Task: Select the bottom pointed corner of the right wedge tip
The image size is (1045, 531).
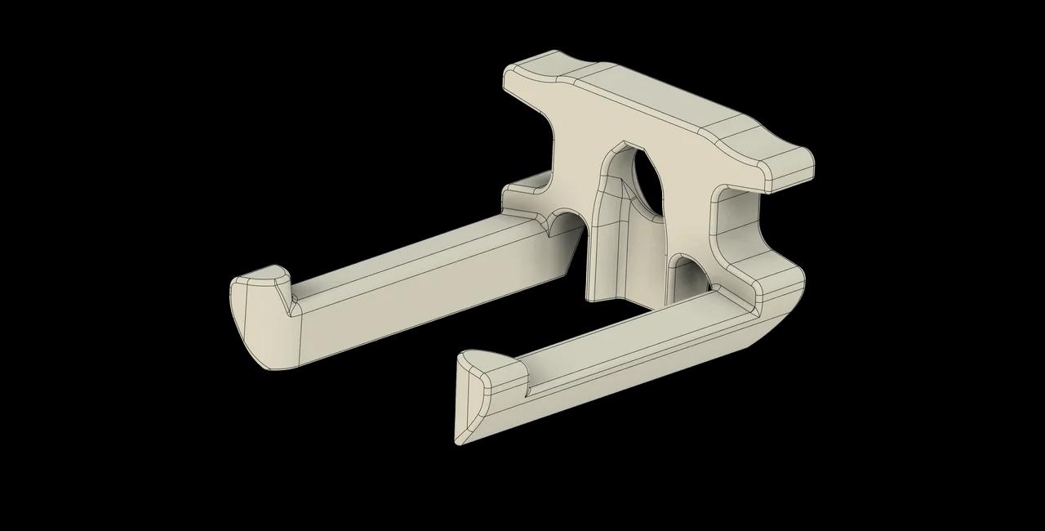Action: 460,442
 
